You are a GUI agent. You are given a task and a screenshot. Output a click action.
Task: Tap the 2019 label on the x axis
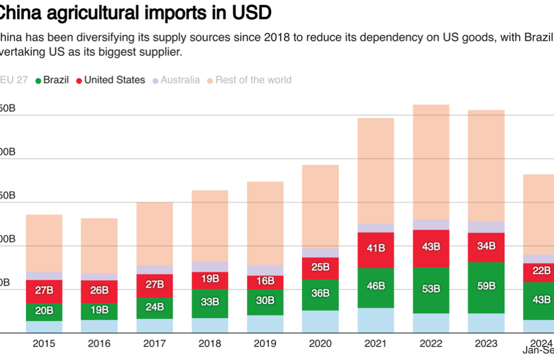(265, 343)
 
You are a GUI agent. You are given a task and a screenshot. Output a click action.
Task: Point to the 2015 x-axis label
(44, 343)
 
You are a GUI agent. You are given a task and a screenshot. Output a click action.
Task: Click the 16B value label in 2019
(265, 281)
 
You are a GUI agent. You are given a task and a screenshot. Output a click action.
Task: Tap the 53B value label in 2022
(430, 289)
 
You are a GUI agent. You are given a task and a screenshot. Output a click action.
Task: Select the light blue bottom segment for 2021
(376, 320)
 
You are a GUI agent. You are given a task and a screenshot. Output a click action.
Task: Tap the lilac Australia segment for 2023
(486, 227)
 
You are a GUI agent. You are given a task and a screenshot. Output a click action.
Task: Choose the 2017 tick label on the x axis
(155, 343)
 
